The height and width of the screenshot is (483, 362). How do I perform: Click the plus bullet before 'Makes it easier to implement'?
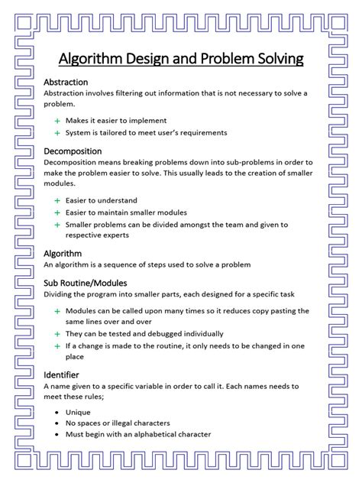coord(57,121)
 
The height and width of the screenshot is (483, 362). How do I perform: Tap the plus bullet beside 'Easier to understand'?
coord(57,200)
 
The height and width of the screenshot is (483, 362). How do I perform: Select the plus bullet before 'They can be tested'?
coord(57,333)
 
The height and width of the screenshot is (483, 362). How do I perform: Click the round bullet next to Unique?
coord(57,411)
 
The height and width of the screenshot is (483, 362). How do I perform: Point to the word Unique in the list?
coord(78,411)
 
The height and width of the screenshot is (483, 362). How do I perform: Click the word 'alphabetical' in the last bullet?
coord(153,434)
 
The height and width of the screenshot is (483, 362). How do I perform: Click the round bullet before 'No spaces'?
coord(57,423)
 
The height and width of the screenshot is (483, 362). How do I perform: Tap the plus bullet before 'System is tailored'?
coord(57,132)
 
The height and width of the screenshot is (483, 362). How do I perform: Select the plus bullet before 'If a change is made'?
coord(57,345)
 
